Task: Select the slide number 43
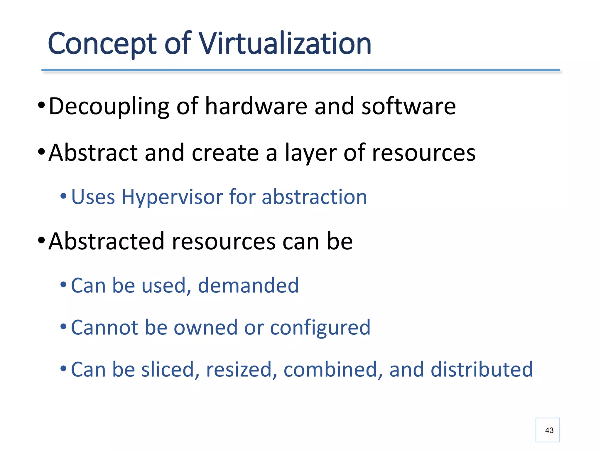pyautogui.click(x=549, y=430)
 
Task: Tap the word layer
pyautogui.click(x=310, y=153)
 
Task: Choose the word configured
pyautogui.click(x=320, y=328)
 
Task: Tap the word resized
pyautogui.click(x=242, y=369)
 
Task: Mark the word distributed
pyautogui.click(x=482, y=369)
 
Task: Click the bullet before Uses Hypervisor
pyautogui.click(x=63, y=196)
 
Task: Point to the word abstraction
pyautogui.click(x=314, y=197)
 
